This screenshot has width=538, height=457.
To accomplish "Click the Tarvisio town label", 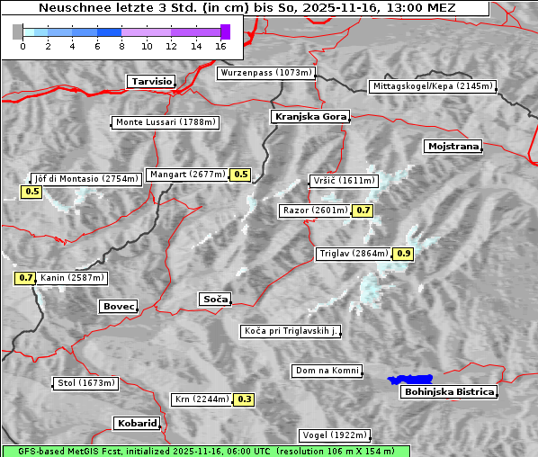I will (151, 81).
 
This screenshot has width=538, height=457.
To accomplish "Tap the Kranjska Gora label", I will (309, 117).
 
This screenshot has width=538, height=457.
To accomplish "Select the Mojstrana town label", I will (453, 146).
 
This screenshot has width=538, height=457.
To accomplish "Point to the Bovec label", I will (118, 307).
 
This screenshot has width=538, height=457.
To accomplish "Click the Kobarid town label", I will (137, 423).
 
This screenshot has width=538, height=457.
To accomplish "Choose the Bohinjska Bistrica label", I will (449, 391).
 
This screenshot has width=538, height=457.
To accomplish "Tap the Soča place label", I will (214, 299).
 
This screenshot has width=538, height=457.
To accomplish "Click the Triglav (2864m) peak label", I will (354, 254).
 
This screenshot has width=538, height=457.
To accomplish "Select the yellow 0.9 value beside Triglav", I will (403, 254).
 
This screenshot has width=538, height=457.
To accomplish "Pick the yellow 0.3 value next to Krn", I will (244, 399).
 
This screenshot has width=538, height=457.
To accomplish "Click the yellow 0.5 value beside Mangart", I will (240, 175).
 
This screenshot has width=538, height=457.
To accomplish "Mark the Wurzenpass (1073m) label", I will (266, 73).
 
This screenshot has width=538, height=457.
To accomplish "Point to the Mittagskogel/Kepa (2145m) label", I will (432, 86).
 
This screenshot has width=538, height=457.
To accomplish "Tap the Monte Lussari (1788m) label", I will (166, 122).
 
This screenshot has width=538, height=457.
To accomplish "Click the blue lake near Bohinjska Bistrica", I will (409, 380).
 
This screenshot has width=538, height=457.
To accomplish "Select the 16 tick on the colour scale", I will (221, 45).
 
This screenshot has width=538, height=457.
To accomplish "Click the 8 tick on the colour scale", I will (121, 45).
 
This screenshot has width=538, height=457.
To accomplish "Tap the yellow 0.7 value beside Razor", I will (363, 211).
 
